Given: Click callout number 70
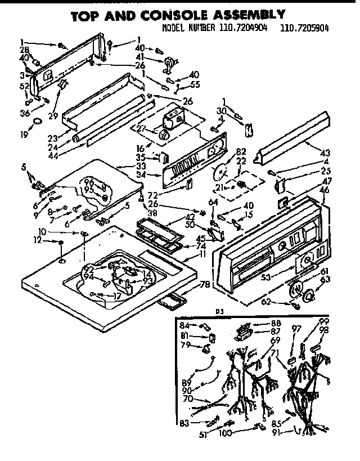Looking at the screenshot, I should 188,399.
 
